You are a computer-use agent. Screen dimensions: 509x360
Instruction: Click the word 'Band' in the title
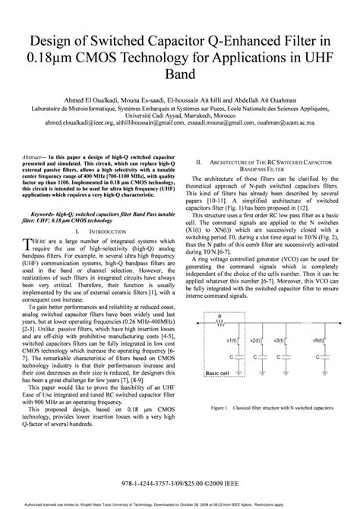click(179, 75)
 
